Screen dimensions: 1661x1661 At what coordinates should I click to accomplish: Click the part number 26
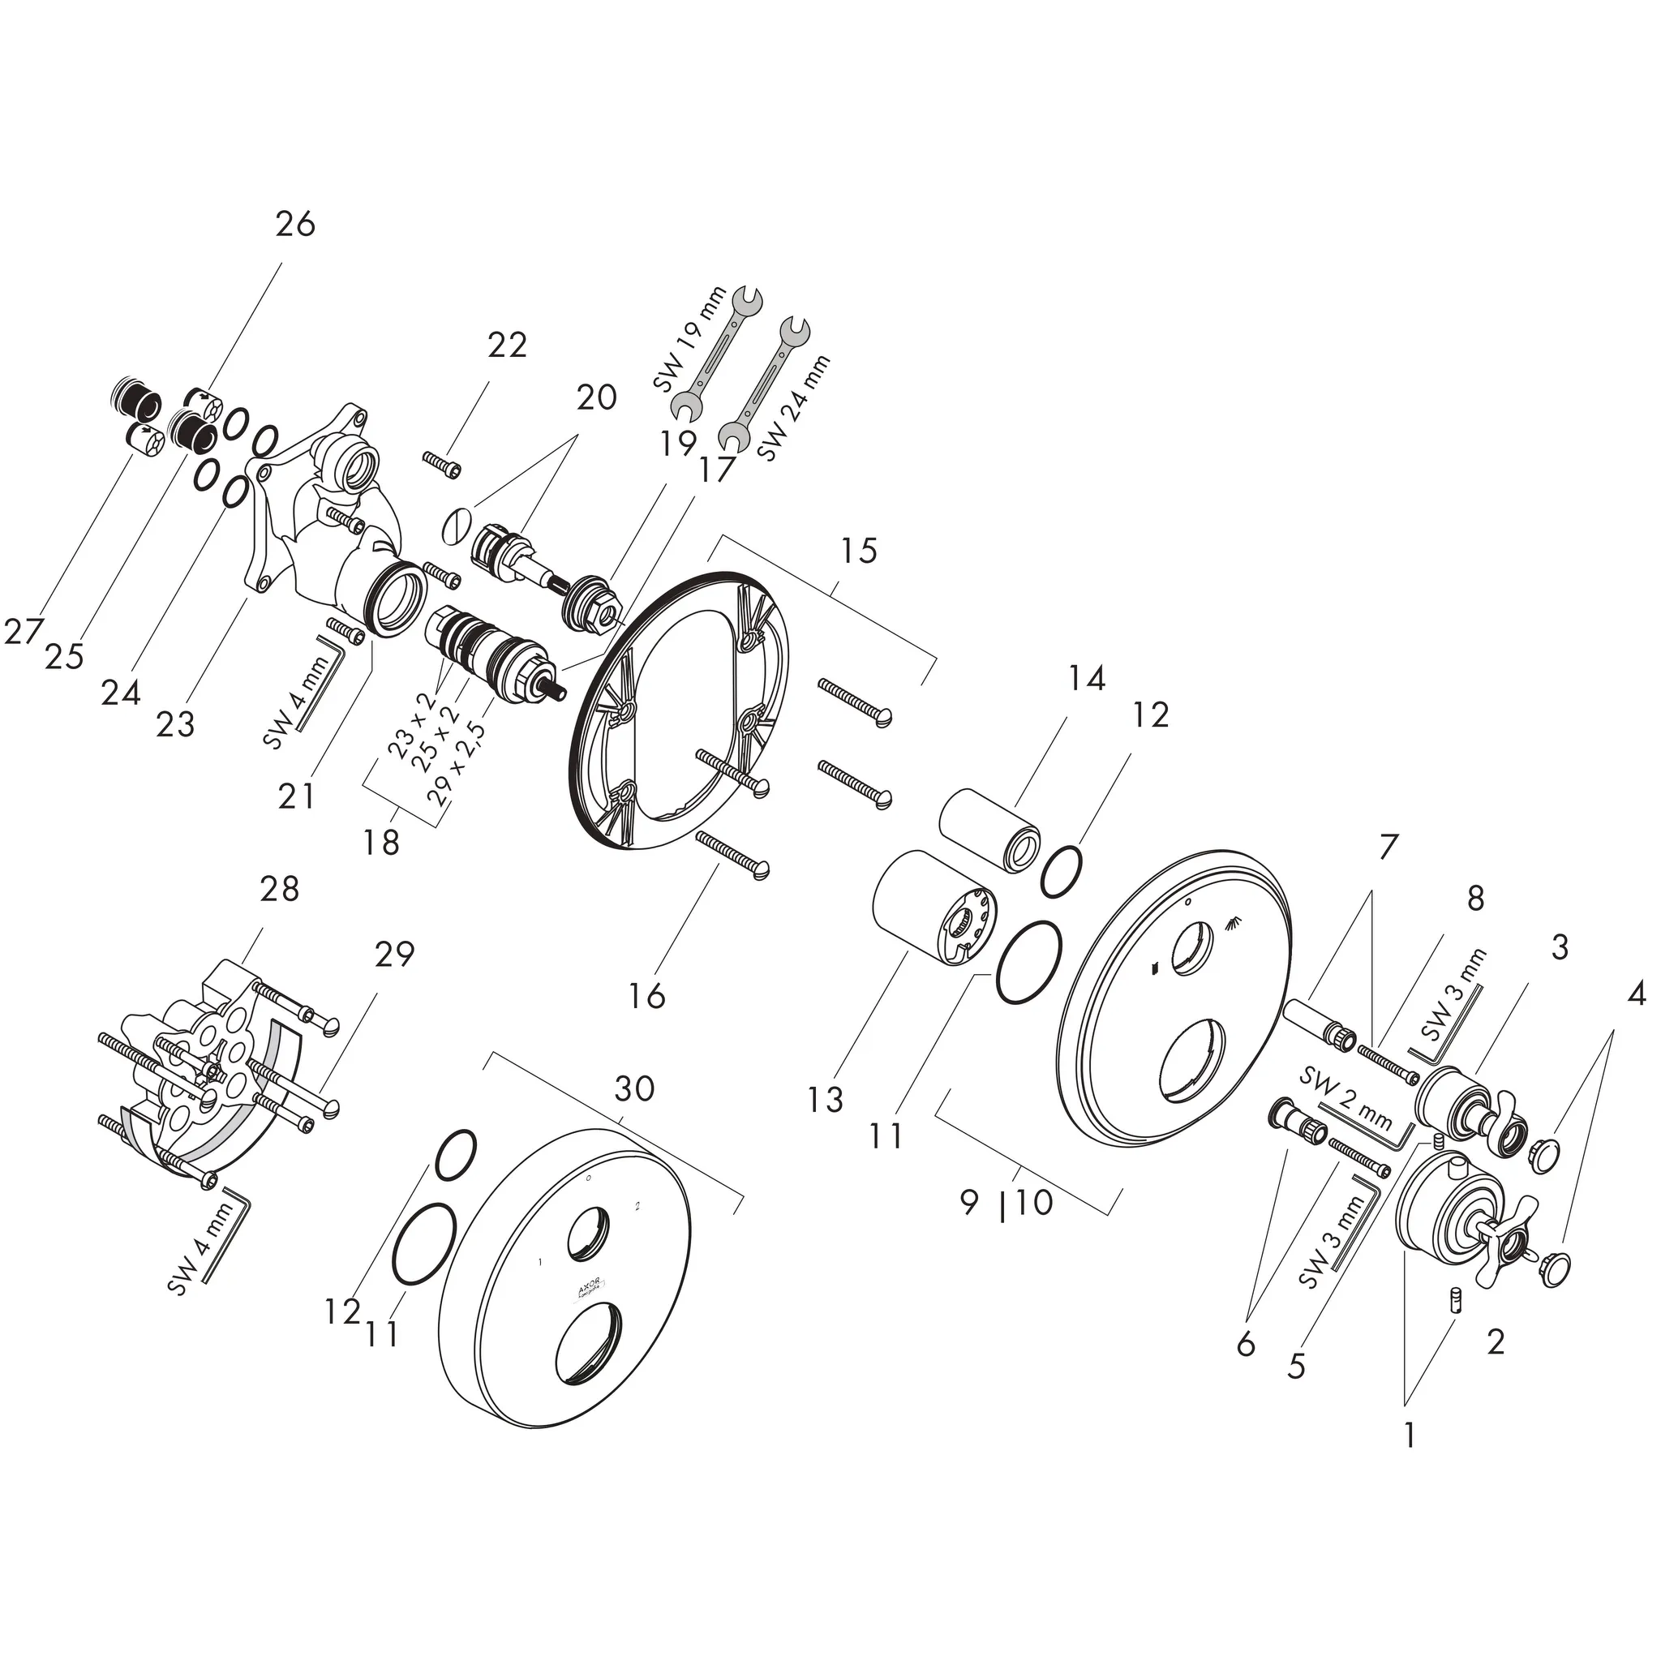(295, 225)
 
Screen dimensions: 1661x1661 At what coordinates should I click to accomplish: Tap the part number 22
(506, 346)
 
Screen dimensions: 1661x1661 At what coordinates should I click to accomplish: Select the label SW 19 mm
(689, 341)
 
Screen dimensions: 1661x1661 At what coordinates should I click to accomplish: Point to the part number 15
(858, 550)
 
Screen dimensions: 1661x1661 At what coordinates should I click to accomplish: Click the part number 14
(1086, 679)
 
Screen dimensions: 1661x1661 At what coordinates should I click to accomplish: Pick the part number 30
(634, 1088)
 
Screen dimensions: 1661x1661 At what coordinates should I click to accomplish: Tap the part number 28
(280, 889)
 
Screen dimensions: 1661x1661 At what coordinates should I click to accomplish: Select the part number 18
(381, 843)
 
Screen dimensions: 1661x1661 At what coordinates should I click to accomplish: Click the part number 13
(826, 1100)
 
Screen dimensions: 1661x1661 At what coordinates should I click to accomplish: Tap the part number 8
(1475, 899)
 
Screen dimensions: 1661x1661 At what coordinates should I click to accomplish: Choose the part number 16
(646, 997)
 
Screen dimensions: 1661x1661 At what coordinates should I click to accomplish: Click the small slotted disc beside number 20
(457, 525)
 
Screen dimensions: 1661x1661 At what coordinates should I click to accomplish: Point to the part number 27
(23, 633)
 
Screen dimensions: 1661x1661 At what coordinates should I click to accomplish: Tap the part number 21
(297, 796)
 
